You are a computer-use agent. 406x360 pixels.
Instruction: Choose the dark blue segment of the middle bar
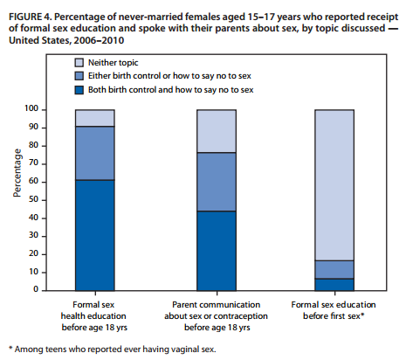(x=215, y=250)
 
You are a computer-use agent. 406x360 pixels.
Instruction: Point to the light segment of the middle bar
(x=215, y=131)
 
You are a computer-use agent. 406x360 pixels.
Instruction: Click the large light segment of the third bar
(x=333, y=184)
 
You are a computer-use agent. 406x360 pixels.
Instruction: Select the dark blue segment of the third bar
(x=333, y=284)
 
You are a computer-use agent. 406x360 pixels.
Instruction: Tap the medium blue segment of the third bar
(x=333, y=269)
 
